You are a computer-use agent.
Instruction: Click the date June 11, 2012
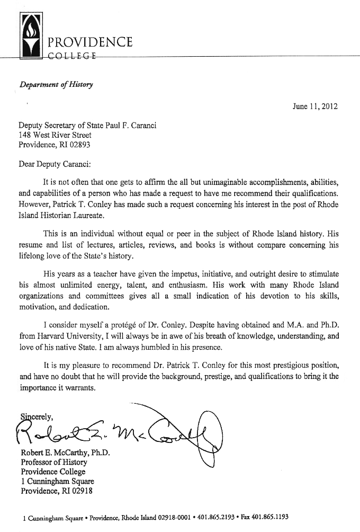click(x=315, y=106)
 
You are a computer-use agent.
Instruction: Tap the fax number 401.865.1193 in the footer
click(x=267, y=517)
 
